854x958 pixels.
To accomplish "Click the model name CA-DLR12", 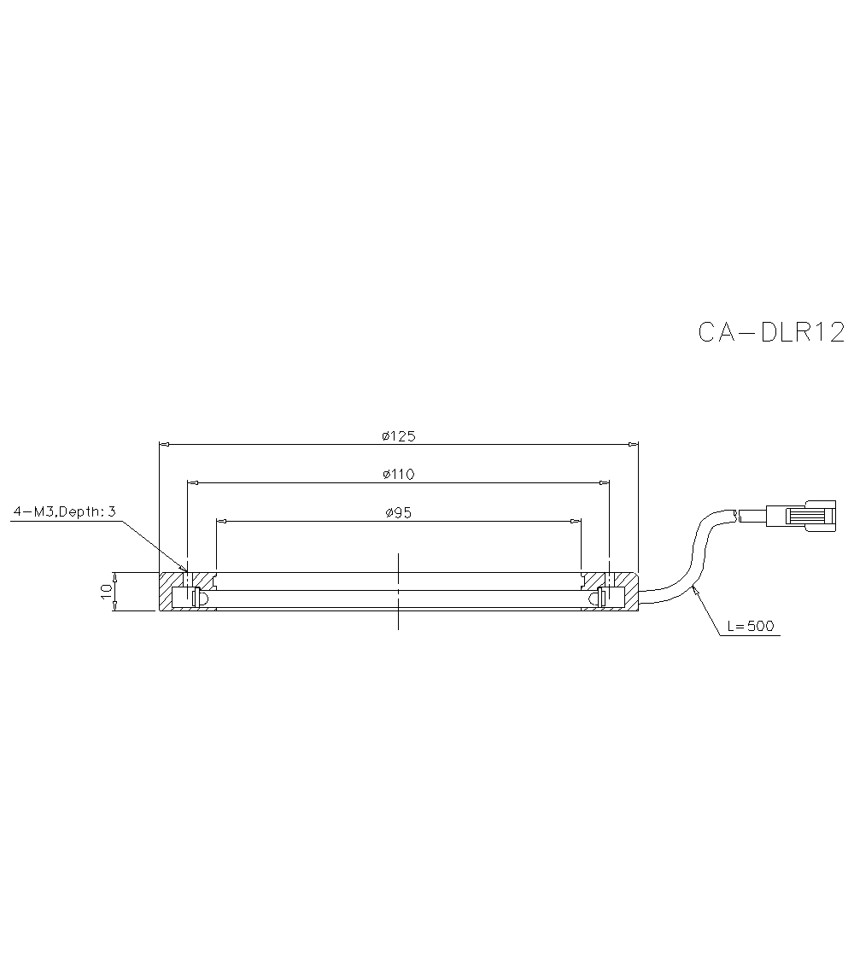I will tap(771, 332).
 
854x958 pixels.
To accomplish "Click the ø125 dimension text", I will tap(398, 436).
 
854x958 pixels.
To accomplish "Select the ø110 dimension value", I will tap(398, 474).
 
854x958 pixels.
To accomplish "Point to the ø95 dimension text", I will tap(398, 513).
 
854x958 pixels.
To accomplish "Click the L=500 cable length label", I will tap(751, 627).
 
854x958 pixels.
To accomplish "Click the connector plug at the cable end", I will tap(803, 515).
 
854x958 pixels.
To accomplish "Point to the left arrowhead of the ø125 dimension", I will tap(164, 444).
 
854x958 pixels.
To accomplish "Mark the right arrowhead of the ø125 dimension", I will tap(634, 444).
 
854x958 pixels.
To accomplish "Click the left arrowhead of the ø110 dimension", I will tap(192, 483).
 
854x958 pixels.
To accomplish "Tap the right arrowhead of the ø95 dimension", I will tap(576, 521).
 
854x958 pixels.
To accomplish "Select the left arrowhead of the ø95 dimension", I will tap(221, 521).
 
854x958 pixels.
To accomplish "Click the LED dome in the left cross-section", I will tap(203, 599).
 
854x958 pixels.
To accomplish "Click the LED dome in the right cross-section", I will tap(594, 599).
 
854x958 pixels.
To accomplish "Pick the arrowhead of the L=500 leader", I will tap(696, 587).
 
